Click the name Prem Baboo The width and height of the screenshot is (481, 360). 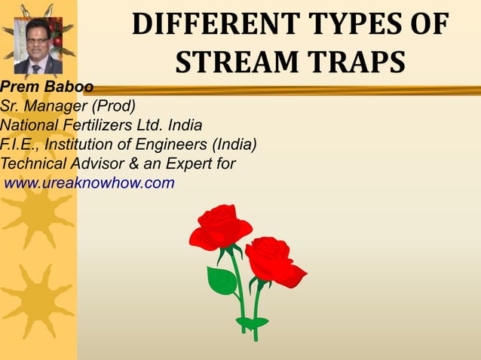[x=47, y=87]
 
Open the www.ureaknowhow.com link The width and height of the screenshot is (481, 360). [x=90, y=182]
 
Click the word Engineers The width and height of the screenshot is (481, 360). [x=172, y=144]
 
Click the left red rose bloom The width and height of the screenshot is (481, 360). [x=220, y=227]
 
